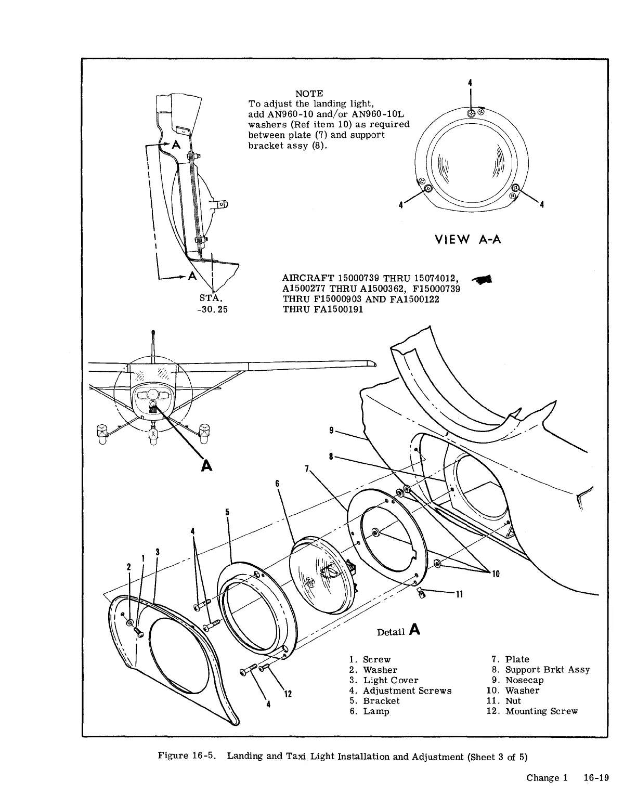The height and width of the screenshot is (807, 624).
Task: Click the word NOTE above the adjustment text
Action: [309, 94]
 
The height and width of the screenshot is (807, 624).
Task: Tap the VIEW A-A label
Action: [467, 240]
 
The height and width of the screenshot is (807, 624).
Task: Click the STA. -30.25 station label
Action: [211, 304]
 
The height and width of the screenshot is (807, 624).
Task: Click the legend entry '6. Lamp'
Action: [369, 711]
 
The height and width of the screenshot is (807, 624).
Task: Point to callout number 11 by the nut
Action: [459, 594]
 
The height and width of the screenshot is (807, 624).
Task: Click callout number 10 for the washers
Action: [496, 574]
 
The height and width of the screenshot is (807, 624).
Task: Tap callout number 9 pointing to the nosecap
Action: [331, 430]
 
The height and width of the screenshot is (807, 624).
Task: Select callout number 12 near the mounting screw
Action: [288, 694]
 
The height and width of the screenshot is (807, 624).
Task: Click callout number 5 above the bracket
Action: [227, 512]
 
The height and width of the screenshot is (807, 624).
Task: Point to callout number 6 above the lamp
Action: [277, 484]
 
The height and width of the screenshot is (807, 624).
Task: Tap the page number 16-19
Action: [596, 778]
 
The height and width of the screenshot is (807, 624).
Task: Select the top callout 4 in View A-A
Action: [470, 82]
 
